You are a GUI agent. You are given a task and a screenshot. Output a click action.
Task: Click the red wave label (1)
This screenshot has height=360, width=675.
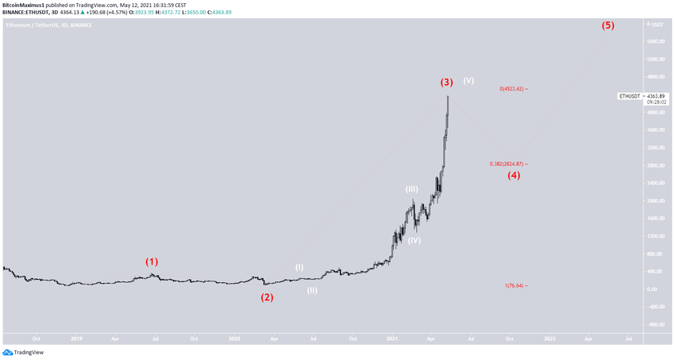pos(151,261)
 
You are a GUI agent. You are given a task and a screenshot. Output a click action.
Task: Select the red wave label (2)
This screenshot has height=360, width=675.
pos(268,297)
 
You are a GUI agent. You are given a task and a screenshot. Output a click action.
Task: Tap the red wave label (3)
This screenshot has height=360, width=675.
pos(447,82)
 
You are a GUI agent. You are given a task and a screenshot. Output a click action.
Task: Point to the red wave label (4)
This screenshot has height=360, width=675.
pos(514,175)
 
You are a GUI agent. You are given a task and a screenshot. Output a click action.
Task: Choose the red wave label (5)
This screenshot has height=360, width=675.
pos(607,25)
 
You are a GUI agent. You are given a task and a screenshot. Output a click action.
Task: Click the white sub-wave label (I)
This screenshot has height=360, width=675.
pos(299,267)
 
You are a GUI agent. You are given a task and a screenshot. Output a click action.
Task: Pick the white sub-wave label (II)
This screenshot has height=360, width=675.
pos(313,290)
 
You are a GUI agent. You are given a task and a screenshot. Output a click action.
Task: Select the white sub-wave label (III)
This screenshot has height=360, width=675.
pos(411,189)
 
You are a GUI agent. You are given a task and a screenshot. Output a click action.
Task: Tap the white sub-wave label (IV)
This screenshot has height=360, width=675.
pos(414,240)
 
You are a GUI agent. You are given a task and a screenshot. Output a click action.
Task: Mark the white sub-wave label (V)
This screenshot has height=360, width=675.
pos(469,80)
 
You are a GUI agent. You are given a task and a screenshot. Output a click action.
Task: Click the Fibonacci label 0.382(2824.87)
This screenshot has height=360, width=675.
pos(507,165)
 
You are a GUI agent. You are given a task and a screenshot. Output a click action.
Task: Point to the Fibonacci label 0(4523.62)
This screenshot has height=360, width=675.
pos(513,89)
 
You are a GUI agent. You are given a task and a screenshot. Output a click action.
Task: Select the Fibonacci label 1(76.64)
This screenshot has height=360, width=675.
pos(515,286)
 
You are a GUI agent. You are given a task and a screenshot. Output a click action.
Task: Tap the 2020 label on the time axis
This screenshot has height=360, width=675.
pos(234,339)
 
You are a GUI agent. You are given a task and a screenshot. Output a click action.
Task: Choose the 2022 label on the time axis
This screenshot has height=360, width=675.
pos(549,339)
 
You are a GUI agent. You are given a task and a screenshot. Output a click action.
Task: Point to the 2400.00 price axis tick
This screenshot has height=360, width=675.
pos(656,184)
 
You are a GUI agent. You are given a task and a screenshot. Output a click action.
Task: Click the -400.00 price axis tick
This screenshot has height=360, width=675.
pos(655,324)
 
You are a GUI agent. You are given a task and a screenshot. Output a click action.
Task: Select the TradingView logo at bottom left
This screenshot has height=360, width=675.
pos(23,352)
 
